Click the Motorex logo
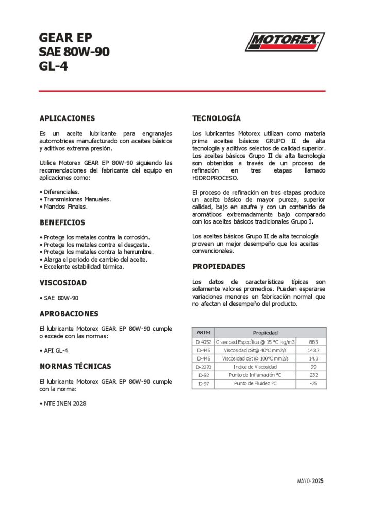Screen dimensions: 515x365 285,41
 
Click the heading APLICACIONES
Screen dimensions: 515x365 67,118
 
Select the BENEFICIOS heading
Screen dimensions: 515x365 62,223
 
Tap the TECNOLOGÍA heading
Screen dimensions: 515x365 217,118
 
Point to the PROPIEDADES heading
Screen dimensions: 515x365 219,267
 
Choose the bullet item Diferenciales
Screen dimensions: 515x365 61,192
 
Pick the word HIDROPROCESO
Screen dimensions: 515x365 215,178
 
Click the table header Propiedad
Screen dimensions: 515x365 265,333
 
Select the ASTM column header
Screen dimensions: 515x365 203,333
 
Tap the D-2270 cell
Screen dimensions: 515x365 203,367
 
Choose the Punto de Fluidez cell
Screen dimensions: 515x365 255,384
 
